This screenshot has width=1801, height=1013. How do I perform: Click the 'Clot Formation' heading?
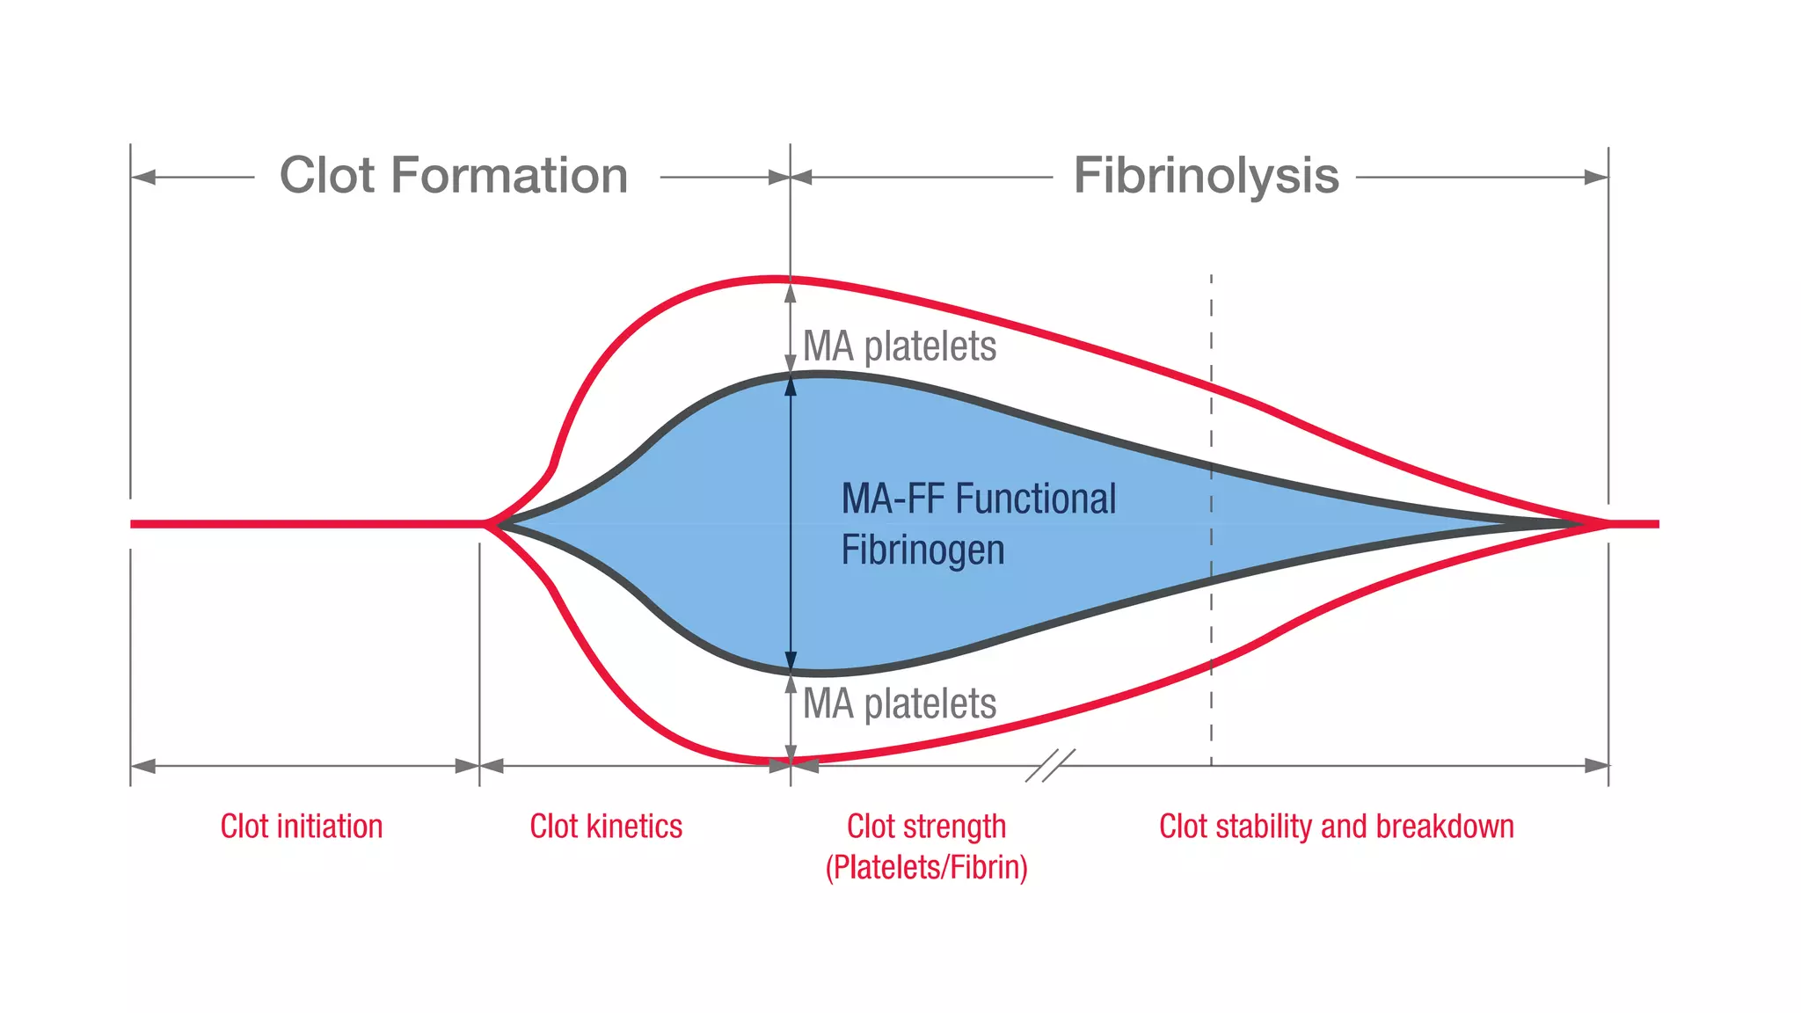pos(453,175)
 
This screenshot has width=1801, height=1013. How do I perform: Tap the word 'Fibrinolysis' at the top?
pos(1206,175)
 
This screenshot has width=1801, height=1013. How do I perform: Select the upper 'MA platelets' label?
pos(900,346)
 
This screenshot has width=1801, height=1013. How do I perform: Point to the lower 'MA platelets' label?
pos(900,703)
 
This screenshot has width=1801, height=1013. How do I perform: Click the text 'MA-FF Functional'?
pos(978,499)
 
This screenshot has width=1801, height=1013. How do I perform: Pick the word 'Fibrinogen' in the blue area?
pos(922,550)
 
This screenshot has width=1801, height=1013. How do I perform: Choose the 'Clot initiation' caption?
pos(301,827)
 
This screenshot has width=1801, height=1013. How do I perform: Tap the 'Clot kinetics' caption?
pos(606,827)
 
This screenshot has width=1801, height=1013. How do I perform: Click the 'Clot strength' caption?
pos(926,827)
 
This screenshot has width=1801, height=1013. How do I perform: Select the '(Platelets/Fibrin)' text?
pos(926,868)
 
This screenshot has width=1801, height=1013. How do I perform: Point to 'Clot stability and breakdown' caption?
pos(1336,827)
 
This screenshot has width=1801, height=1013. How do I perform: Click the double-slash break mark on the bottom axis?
pos(1050,766)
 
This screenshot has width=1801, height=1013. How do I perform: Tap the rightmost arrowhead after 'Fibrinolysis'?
pos(1595,178)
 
